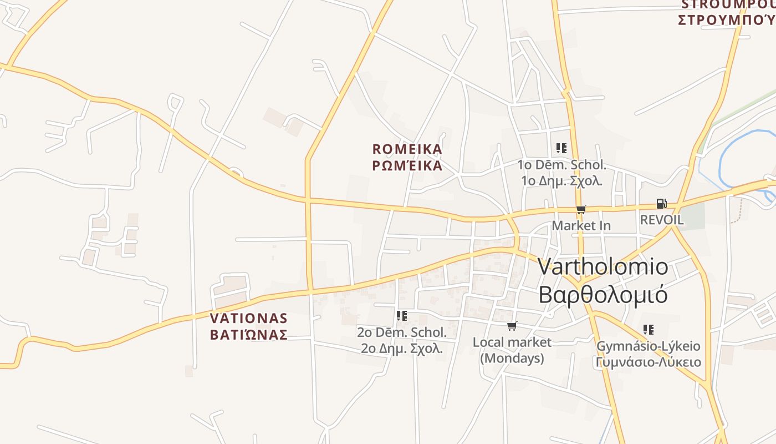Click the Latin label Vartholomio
pos(603,267)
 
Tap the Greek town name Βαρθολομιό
pos(603,295)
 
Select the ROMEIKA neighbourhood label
pos(407,149)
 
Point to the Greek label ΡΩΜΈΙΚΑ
pos(407,166)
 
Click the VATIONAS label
pos(249,319)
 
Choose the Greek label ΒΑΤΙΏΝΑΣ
pos(249,335)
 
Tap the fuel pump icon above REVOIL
pos(661,204)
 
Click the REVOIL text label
pos(662,220)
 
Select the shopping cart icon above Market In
pos(581,210)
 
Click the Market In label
pos(581,226)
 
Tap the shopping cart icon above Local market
pos(512,326)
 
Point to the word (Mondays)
pos(512,359)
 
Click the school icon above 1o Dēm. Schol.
pos(561,148)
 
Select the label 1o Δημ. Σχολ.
pos(561,181)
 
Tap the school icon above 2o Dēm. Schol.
pos(402,316)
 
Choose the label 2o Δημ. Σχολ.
pos(402,349)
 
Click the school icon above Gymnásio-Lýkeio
pos(648,330)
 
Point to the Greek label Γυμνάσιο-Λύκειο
pos(649,362)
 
